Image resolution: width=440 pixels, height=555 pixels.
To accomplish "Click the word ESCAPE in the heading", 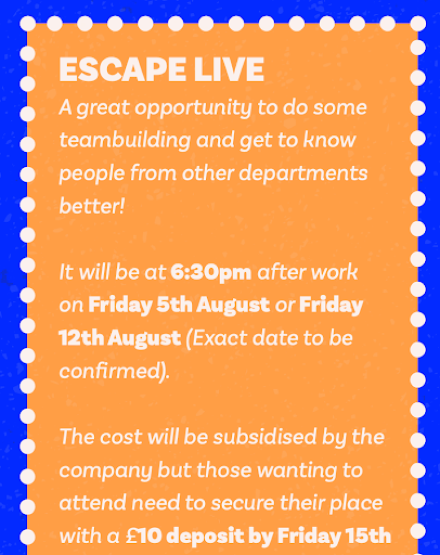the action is (122, 69).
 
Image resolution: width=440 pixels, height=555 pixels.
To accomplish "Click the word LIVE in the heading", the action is (229, 69).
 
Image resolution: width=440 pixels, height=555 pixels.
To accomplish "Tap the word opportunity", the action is (193, 108).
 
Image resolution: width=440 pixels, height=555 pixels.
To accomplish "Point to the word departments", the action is (303, 174).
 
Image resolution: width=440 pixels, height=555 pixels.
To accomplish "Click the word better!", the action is (92, 205).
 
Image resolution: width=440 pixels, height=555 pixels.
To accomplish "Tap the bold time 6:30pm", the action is (211, 272).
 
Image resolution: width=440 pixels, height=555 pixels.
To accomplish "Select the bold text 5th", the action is (174, 305).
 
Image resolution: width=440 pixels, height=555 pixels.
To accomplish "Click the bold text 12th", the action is (81, 338).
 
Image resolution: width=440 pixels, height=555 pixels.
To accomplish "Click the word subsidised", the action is (265, 437).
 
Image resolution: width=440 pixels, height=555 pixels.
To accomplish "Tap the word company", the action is (105, 472).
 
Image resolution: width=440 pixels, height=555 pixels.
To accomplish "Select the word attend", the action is (93, 503).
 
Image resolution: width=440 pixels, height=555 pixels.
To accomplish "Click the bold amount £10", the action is (144, 536).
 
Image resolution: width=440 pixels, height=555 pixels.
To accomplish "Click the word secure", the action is (243, 503).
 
